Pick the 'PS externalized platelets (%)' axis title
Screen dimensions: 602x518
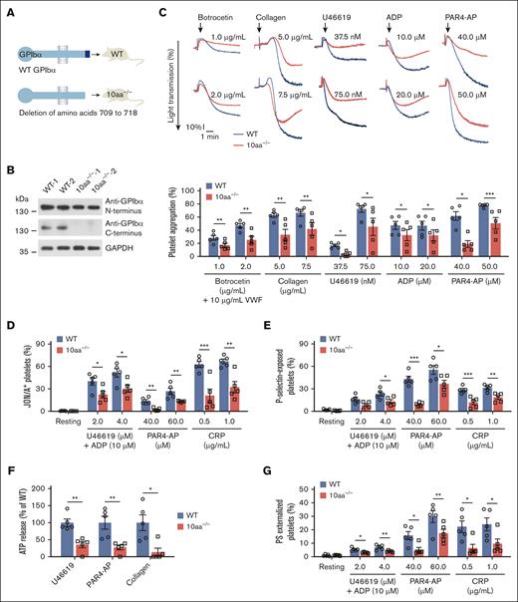268,518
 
